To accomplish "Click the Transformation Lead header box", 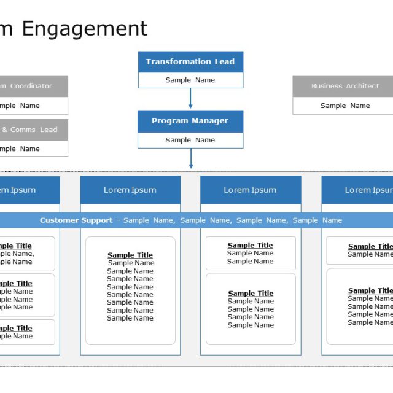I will [190, 62].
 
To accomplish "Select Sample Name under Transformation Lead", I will [190, 80].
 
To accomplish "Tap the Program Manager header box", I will [190, 121].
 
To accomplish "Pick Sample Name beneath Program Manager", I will [190, 140].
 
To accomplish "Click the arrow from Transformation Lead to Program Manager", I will [190, 99].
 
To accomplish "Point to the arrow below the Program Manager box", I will [190, 158].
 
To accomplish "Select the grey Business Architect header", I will [344, 86].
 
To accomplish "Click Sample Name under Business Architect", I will [344, 106].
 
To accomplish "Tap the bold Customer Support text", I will [76, 220].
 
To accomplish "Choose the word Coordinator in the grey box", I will [31, 86].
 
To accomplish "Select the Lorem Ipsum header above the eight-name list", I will [130, 190].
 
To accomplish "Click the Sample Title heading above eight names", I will [130, 255].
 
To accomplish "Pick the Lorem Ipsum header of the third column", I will [251, 190].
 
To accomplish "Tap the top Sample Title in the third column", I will [251, 246].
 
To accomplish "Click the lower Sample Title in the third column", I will [251, 294].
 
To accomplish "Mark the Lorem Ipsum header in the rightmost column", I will [367, 190].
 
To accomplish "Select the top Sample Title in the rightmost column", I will [370, 246].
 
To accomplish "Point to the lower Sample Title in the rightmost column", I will [370, 290].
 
